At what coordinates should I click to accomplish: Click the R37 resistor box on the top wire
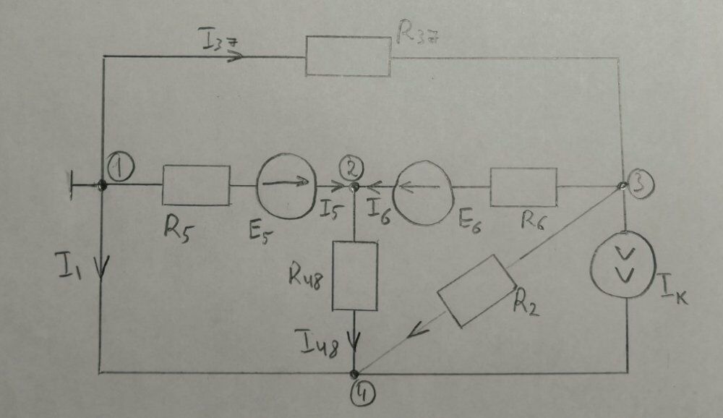348,55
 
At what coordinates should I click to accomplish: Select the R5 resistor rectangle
196,185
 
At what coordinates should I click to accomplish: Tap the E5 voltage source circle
284,184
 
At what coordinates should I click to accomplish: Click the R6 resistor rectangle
523,187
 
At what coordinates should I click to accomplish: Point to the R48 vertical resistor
354,276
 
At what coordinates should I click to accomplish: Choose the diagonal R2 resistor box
476,291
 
